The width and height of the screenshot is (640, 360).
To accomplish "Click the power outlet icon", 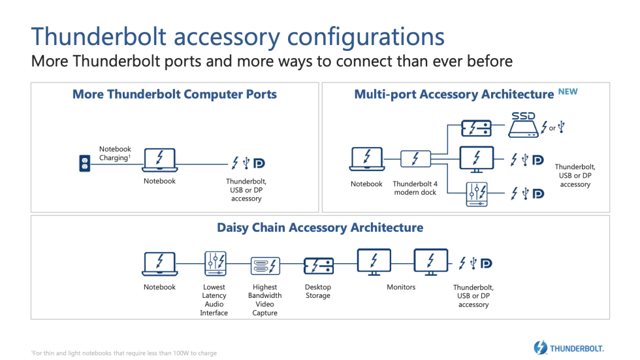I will coord(84,163).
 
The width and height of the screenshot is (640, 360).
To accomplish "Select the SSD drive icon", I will coord(522,124).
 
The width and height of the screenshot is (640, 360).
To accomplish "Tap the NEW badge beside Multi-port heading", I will coord(568,92).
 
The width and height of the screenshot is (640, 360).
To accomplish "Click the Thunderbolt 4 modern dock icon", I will coord(415,159).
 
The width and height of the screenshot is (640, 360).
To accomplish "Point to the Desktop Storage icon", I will coord(319,265).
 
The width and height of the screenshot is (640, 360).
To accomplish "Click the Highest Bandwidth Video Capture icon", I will coord(265,266).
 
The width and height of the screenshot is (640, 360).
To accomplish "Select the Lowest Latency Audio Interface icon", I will coord(215,263).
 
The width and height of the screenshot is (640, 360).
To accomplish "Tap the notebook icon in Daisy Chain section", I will coord(159,264).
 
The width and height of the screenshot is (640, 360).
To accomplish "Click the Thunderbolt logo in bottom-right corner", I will coord(568,348).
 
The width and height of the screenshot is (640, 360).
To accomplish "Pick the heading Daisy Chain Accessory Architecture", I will coord(320,227).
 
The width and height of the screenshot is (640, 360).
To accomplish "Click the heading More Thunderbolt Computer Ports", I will coord(174,94).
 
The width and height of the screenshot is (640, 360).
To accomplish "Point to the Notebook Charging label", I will coord(115,154).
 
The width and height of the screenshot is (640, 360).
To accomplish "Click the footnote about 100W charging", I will coord(124,353).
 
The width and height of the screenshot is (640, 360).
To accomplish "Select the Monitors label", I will coord(401,287).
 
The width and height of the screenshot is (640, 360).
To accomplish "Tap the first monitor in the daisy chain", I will coord(374,263).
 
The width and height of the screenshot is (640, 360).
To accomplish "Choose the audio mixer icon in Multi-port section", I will coord(477,193).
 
